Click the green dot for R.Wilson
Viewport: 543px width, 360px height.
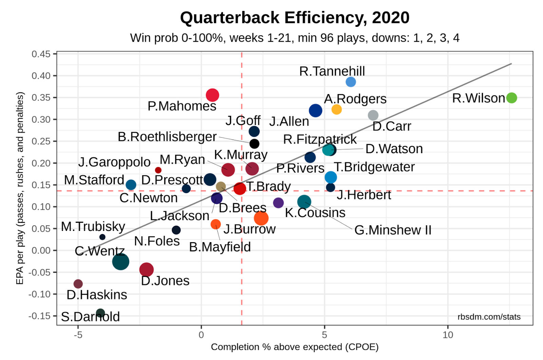click(511, 98)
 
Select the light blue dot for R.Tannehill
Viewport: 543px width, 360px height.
click(351, 82)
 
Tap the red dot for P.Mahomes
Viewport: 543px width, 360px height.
click(212, 95)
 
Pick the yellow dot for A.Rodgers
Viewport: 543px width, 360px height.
click(336, 109)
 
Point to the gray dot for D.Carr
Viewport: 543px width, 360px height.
click(373, 115)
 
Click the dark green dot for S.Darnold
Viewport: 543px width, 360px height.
click(100, 313)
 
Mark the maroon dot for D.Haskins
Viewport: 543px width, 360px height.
click(78, 284)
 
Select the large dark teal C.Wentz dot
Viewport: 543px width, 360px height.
click(120, 262)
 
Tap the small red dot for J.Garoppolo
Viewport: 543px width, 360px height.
click(158, 170)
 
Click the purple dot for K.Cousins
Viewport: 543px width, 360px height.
click(278, 203)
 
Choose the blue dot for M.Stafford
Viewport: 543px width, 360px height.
click(131, 185)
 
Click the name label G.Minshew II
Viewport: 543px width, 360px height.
click(393, 230)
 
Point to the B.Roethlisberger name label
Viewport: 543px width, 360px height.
click(167, 137)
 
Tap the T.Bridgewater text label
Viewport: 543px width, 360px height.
click(374, 167)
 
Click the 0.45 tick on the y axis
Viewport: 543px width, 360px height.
click(41, 54)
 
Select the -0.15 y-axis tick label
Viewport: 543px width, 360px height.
click(39, 316)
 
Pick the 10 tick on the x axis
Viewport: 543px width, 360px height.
click(448, 335)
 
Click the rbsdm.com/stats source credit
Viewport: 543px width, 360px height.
click(489, 317)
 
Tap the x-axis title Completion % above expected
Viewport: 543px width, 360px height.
click(295, 347)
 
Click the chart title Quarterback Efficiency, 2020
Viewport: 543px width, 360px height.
click(295, 18)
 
